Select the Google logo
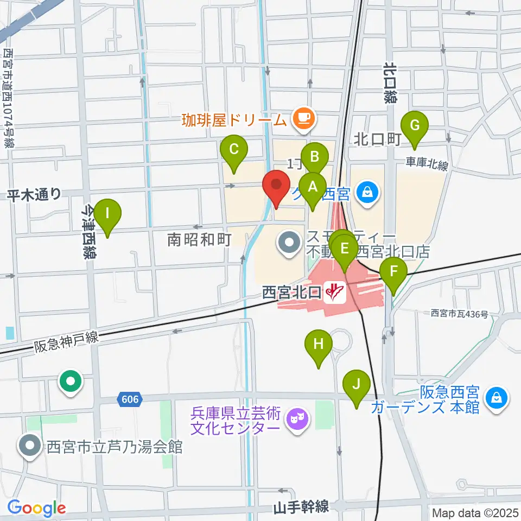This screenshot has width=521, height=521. pyautogui.click(x=36, y=508)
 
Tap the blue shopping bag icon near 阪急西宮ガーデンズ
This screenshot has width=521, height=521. pyautogui.click(x=498, y=397)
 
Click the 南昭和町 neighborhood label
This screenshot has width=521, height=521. pyautogui.click(x=200, y=239)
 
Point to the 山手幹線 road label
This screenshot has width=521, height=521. pyautogui.click(x=301, y=507)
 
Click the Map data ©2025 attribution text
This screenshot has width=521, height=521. pyautogui.click(x=474, y=512)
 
